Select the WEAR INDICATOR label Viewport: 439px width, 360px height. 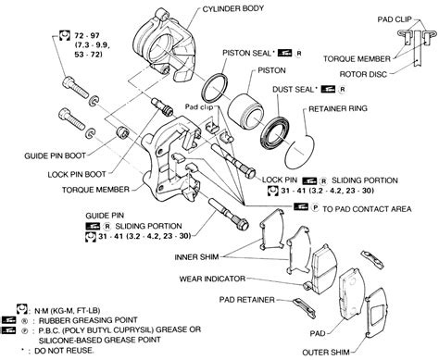[x=215, y=277]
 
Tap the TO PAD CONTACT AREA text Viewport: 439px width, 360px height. [x=357, y=211]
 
